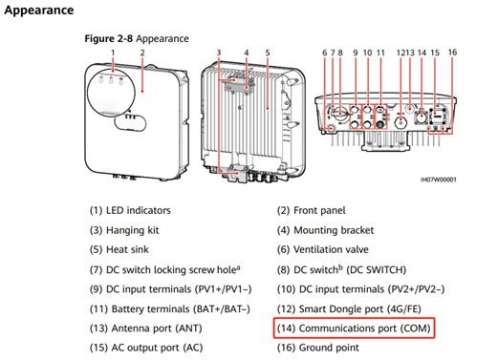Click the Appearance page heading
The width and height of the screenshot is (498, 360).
pos(39,11)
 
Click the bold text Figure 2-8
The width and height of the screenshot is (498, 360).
pos(108,39)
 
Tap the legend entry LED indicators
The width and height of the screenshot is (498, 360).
pos(130,210)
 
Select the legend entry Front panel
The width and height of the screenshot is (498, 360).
pos(312,210)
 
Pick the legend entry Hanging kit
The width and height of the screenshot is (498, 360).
pos(124,230)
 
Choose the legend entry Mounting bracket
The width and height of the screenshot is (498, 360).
pos(325,230)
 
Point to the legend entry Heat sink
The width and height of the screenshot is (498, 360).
pos(119,249)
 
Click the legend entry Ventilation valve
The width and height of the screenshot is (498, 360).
pos(323,249)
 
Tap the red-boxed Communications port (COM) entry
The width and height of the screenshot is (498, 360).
pos(354,328)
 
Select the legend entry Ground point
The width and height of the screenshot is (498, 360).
pos(318,348)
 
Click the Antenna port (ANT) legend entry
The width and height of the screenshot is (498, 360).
pos(146,328)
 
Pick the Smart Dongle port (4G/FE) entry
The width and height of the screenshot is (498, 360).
pos(349,308)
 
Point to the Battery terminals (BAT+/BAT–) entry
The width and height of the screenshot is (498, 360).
pos(170,308)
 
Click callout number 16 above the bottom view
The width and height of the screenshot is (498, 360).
pos(452,53)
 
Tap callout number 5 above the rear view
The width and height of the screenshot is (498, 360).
pos(268,53)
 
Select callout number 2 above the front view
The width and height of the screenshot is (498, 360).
pos(142,53)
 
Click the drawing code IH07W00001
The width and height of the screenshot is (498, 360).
pos(439,180)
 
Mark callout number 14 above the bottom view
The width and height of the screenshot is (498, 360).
pos(422,53)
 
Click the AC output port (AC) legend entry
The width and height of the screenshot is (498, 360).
pos(146,348)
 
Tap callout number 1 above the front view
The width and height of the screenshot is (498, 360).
pos(113,53)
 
